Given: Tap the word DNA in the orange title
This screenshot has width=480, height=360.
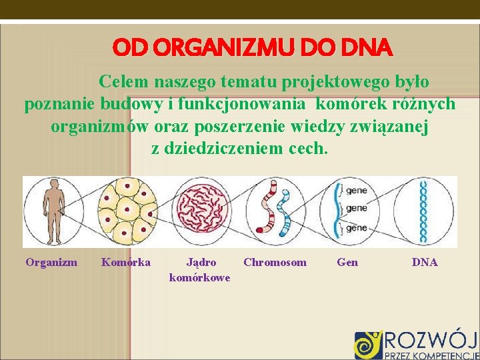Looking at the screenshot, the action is click(367, 48).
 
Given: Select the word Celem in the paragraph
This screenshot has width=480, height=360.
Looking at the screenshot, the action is click(124, 82).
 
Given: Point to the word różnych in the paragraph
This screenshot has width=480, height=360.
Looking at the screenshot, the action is click(426, 104).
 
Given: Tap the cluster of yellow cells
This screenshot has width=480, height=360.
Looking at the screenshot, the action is click(127, 211).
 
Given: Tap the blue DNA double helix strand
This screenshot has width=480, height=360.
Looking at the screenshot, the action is click(423, 211).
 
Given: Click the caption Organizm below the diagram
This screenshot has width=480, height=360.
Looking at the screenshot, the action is click(51, 263).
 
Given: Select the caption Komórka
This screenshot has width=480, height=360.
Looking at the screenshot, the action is click(126, 263).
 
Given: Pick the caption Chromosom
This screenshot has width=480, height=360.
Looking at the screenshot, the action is click(275, 263).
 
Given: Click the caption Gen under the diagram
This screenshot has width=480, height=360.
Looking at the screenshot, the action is click(347, 263).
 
